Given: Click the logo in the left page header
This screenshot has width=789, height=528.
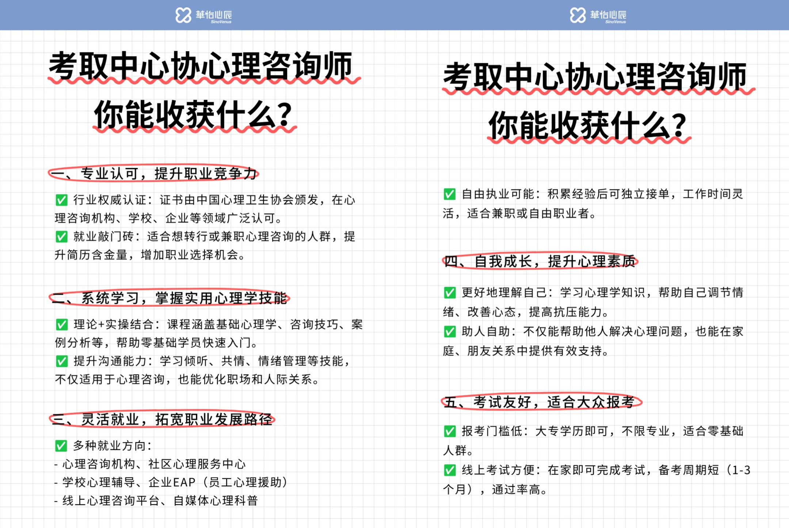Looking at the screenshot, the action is [x=203, y=15].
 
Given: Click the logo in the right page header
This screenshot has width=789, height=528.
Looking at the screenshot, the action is [x=598, y=15].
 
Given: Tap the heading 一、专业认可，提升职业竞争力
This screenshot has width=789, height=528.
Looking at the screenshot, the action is [x=154, y=174].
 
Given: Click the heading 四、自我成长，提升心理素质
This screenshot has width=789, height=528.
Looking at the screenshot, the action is [x=540, y=261].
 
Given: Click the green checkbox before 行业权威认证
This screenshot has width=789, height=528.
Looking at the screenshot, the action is [x=61, y=200].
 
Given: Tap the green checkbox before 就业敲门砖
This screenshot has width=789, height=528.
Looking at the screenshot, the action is [x=61, y=237].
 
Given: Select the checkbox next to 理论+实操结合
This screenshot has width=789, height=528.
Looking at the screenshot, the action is [x=61, y=324].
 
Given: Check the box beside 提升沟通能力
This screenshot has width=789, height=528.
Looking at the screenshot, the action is [x=61, y=361].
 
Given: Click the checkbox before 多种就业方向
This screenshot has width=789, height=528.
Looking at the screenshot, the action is [x=61, y=446].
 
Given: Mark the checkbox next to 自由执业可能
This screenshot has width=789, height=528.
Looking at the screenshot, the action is [x=450, y=194].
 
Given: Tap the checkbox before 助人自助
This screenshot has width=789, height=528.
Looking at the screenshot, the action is [x=450, y=332].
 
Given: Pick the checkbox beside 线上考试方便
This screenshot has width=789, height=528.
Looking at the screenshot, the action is [x=450, y=470].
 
